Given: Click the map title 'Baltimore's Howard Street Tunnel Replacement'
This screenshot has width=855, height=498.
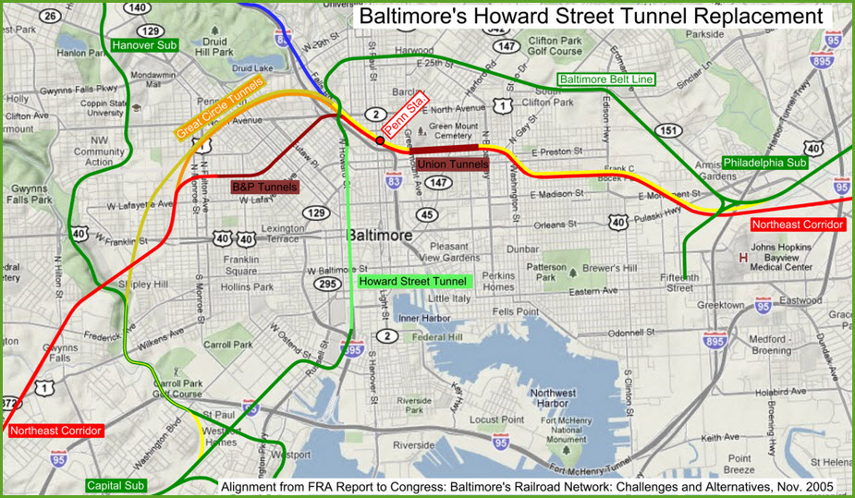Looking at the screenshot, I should pyautogui.click(x=590, y=17).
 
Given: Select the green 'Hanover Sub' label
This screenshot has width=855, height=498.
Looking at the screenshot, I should pyautogui.click(x=143, y=44).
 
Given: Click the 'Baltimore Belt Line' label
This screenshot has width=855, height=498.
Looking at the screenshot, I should pyautogui.click(x=605, y=79).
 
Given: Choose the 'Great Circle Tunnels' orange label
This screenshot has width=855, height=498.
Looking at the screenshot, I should pyautogui.click(x=219, y=107).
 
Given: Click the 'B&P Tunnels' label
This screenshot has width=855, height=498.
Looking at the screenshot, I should pyautogui.click(x=265, y=187).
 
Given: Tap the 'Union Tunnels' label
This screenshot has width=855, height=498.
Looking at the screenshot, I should pyautogui.click(x=453, y=164).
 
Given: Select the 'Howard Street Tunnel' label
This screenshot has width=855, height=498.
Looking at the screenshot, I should pyautogui.click(x=414, y=280).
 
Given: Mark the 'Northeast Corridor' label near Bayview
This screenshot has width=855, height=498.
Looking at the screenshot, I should pyautogui.click(x=797, y=225).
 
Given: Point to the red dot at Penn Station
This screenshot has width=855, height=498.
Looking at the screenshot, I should pyautogui.click(x=380, y=140).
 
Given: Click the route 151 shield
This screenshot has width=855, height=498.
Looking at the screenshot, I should pyautogui.click(x=669, y=131).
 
